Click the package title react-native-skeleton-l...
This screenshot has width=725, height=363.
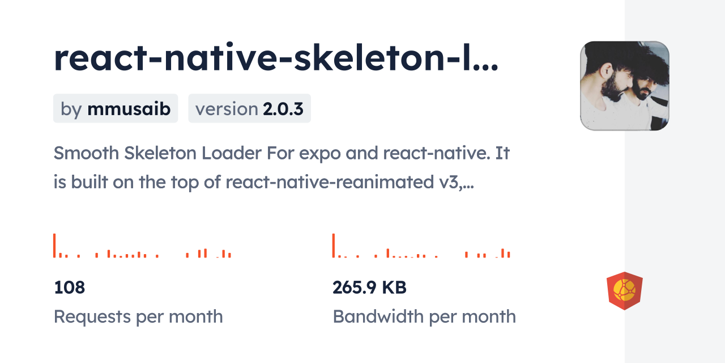pos(276,57)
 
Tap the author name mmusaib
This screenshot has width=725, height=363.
pos(129,108)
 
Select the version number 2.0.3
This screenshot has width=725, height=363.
pos(283,109)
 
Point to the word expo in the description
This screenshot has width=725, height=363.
pos(320,154)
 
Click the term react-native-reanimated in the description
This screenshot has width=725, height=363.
pos(330,182)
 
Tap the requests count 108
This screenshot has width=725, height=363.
pos(70,288)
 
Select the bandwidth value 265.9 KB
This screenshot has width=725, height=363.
pos(369,288)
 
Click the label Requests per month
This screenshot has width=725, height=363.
pos(138,316)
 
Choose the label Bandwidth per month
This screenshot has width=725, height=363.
pos(424,316)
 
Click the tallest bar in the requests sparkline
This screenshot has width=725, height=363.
pos(54,246)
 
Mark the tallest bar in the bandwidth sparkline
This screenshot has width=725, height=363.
pos(334,246)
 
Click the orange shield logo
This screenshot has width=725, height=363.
pos(625,291)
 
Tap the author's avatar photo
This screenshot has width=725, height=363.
pos(625,86)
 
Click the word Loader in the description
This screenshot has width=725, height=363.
pos(232,153)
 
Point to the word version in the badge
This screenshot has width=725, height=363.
pos(226,109)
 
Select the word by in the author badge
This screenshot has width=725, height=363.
pos(71,109)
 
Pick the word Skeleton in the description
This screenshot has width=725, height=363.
pos(160,153)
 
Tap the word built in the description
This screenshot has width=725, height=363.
pos(89,182)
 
